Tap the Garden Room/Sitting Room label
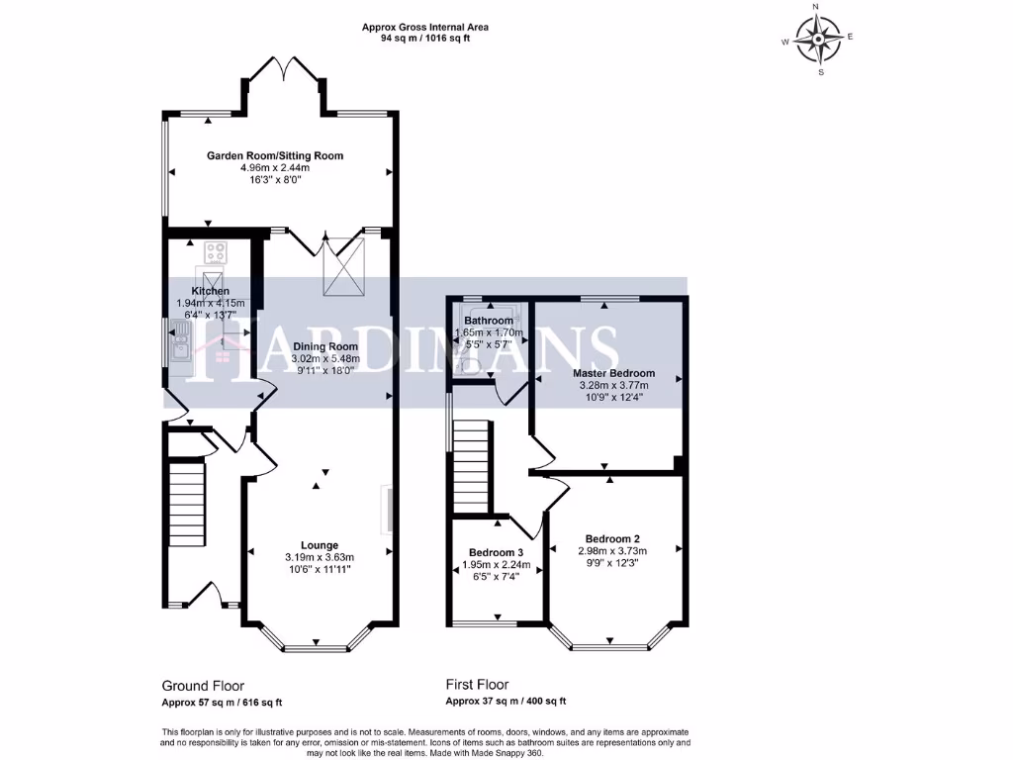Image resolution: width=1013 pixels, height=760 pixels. (275, 156)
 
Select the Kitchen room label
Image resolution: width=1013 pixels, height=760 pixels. (211, 290)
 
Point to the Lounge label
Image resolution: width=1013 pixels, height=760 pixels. (320, 545)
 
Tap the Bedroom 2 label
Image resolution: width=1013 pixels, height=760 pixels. (612, 538)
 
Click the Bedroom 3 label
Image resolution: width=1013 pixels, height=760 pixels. (497, 552)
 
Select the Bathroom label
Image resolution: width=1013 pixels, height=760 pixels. (489, 321)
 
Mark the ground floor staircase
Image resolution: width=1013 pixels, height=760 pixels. (186, 503)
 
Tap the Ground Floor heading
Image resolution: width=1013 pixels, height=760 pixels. (203, 685)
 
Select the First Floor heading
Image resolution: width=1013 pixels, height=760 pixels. (477, 684)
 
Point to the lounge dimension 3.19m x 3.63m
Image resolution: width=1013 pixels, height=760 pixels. (320, 557)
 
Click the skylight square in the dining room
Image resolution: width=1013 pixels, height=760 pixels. (341, 269)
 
